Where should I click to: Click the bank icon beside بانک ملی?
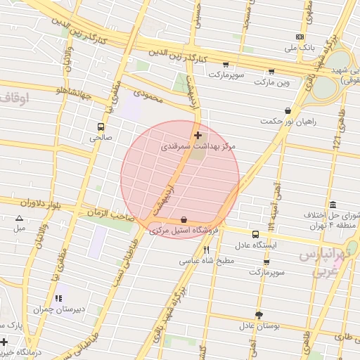(x=300, y=37)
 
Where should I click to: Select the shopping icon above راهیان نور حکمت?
(x=288, y=110)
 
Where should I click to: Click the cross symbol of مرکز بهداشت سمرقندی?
(x=197, y=135)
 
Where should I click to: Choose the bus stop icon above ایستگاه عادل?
(x=255, y=235)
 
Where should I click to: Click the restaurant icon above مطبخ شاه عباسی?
(x=206, y=249)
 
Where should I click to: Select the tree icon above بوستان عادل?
(x=259, y=315)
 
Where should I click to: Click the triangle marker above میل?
(x=19, y=218)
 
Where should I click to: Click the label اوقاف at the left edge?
(x=14, y=98)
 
